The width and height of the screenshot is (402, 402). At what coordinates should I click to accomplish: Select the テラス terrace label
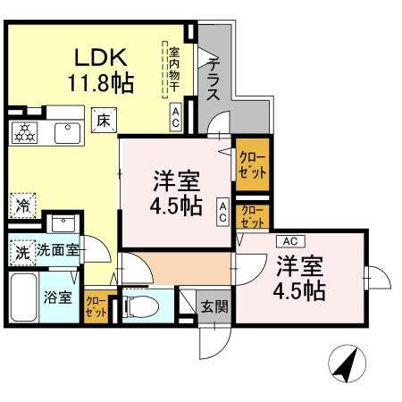[x=214, y=82]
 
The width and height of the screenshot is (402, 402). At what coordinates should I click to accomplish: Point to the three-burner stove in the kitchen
[x=24, y=133]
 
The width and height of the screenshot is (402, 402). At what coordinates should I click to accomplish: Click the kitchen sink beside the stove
[x=66, y=133]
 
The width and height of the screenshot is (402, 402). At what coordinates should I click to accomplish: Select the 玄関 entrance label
[x=213, y=306]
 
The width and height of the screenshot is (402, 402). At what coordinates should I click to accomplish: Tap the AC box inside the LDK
[x=176, y=116]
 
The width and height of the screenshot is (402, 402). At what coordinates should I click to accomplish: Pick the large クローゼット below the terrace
[x=251, y=163]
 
